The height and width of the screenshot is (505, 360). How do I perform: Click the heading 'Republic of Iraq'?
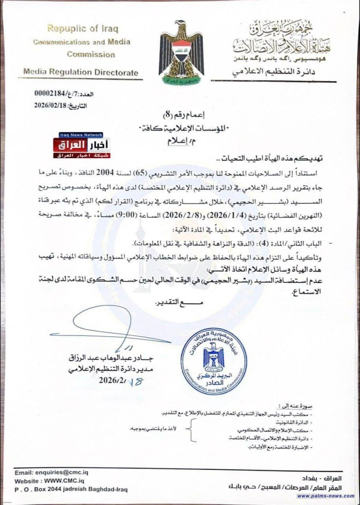click(82, 29)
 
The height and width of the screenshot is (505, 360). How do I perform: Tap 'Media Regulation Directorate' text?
click(81, 72)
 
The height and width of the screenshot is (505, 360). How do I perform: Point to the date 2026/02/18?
click(52, 106)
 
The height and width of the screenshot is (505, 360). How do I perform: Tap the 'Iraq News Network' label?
click(81, 135)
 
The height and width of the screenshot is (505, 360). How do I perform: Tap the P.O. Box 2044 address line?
click(71, 489)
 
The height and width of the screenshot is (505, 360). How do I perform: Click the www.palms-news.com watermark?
click(326, 496)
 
